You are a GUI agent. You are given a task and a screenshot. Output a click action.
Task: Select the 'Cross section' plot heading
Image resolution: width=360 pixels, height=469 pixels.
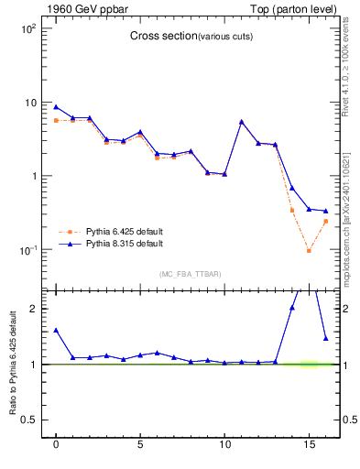click(161, 36)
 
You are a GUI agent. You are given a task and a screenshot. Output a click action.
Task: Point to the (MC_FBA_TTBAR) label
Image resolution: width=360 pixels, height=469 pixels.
click(190, 274)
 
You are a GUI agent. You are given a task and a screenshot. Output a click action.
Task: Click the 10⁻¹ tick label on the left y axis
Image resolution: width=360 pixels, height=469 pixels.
click(28, 249)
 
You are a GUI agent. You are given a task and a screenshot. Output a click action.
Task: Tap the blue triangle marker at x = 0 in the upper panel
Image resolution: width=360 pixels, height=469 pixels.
click(56, 107)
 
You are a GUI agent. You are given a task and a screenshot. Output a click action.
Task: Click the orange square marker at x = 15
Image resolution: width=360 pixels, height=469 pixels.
click(309, 251)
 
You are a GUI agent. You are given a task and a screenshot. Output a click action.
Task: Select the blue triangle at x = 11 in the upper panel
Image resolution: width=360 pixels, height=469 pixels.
click(242, 122)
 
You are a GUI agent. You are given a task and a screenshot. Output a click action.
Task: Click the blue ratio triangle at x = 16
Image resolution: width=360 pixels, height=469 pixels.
click(325, 338)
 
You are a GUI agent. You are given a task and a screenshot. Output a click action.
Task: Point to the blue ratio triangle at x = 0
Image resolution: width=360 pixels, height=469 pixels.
click(56, 330)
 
